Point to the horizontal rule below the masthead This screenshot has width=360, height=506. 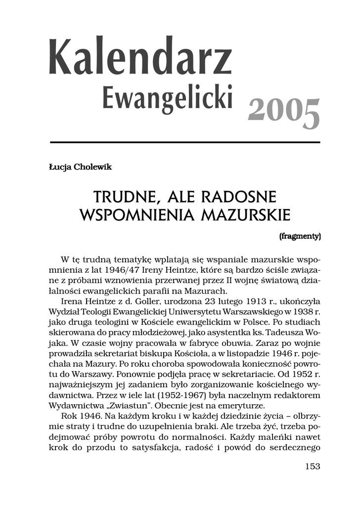click(x=185, y=142)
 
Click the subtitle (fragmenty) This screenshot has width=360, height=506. click(x=300, y=236)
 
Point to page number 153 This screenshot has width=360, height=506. click(x=313, y=466)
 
